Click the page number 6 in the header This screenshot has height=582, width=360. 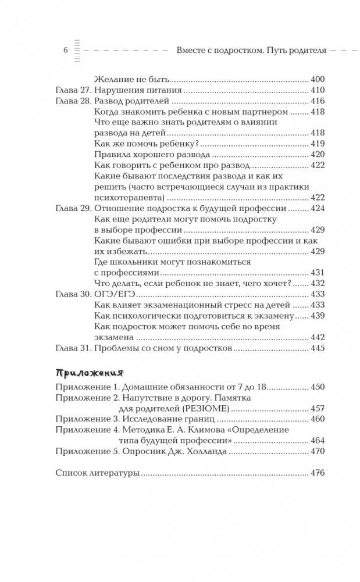65,51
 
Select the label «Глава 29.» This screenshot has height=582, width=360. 72,208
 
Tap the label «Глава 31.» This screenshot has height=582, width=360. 72,348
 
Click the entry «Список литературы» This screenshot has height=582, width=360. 97,473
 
